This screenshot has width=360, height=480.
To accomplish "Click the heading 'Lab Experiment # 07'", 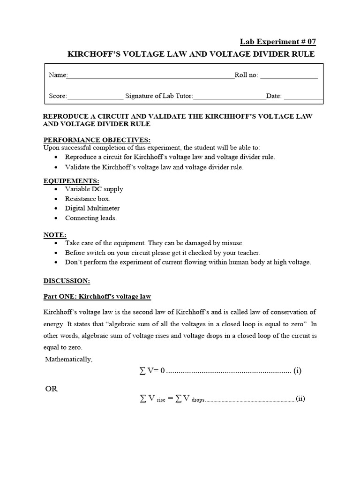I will point(288,42).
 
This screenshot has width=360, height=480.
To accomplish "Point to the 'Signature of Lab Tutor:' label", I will point(159,96).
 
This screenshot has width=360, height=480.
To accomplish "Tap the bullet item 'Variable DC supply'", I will point(94,189).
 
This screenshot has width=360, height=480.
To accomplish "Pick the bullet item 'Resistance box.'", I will point(88,199).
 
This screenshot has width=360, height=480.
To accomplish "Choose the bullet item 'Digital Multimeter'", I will point(92,208).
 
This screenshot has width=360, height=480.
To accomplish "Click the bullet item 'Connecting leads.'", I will point(91,218).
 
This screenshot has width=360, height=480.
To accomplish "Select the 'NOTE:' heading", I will point(55,234).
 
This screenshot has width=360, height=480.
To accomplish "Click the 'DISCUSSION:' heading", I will point(67,281).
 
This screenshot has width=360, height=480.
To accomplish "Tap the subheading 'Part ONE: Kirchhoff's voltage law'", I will point(97,297).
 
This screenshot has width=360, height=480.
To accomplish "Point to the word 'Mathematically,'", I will point(69,359).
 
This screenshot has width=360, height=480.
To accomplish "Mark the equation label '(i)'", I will point(297,371).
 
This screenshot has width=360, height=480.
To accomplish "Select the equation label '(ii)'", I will point(300,399).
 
